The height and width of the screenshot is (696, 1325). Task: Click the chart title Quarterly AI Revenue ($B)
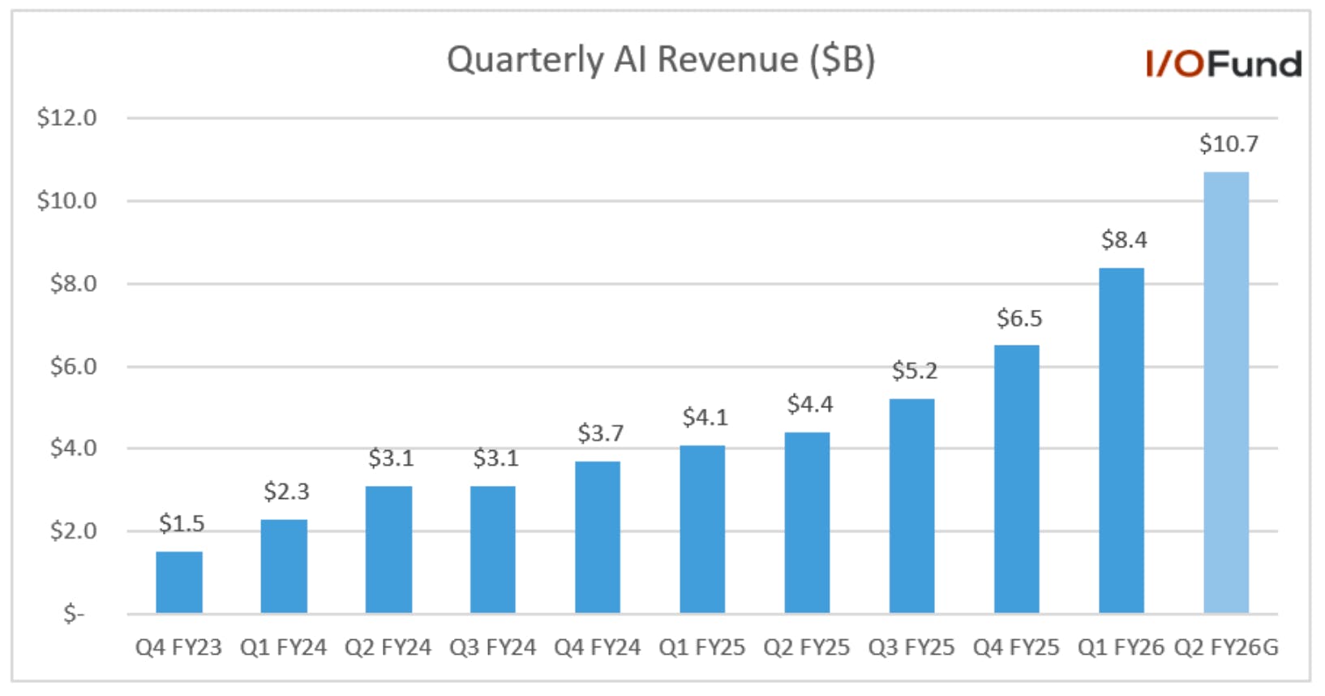click(661, 60)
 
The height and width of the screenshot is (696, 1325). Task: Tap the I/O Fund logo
click(1224, 64)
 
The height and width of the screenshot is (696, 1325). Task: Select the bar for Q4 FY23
click(179, 582)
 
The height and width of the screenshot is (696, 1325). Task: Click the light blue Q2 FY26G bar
click(1226, 393)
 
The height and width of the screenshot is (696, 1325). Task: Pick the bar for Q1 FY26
click(1121, 440)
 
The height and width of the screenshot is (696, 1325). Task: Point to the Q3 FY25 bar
click(911, 506)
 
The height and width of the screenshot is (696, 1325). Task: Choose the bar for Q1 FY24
click(284, 566)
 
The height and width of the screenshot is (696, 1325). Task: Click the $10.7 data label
click(1229, 144)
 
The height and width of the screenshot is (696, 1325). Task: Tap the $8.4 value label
click(1124, 239)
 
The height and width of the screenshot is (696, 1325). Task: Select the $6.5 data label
click(1019, 319)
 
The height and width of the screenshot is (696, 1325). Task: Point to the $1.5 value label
click(182, 523)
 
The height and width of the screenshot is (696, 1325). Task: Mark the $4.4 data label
click(810, 404)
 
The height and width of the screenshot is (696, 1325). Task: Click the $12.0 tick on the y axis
click(66, 118)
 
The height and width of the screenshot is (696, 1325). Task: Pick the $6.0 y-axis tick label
click(73, 367)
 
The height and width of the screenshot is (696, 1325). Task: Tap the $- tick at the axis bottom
click(74, 614)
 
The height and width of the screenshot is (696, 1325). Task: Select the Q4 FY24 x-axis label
click(598, 647)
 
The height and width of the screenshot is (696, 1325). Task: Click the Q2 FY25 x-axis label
click(807, 647)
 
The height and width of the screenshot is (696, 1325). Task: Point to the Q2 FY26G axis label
click(1226, 647)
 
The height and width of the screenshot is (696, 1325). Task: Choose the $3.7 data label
click(600, 433)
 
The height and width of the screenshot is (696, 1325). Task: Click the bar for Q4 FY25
click(1016, 479)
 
